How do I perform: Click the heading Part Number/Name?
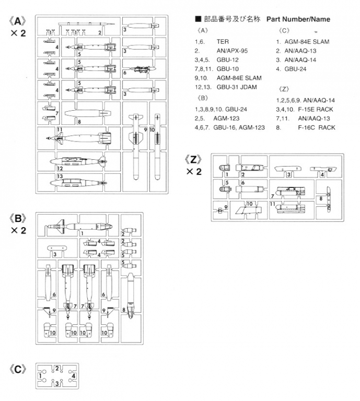tap(298, 19)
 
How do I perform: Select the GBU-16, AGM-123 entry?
tap(239, 127)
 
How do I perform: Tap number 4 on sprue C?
tap(73, 375)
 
